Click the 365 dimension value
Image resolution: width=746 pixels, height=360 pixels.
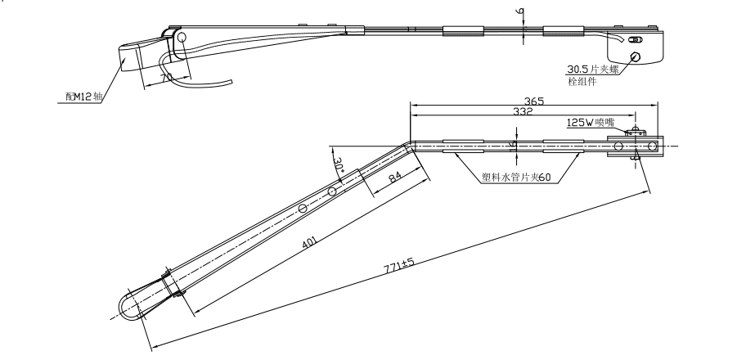pos(533,101)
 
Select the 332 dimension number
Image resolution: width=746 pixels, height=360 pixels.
pos(523,112)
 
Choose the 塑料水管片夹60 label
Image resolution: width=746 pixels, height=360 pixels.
pos(516,177)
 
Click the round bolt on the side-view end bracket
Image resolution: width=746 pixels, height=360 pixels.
pos(636,56)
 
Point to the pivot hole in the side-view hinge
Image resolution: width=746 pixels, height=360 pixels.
pos(182,37)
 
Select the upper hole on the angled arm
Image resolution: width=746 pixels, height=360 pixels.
pos(332,192)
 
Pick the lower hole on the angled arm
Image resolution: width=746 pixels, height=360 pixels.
pos(303,209)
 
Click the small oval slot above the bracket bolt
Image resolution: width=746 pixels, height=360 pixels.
pos(637,39)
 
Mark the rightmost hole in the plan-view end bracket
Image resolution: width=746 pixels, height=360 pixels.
pos(652,146)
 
